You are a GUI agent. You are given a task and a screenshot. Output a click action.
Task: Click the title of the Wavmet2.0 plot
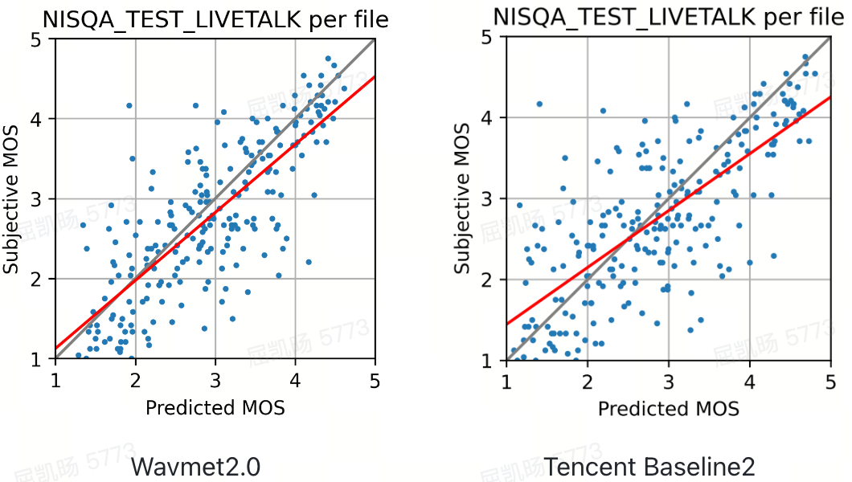[215, 20]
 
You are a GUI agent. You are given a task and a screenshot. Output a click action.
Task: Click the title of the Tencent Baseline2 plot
[668, 16]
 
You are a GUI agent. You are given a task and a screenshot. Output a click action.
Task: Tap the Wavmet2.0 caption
[195, 466]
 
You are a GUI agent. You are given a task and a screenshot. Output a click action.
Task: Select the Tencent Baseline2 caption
[649, 466]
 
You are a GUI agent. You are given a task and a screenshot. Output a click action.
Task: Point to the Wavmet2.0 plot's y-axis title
[12, 198]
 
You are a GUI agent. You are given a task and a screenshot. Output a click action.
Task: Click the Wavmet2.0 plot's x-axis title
[215, 407]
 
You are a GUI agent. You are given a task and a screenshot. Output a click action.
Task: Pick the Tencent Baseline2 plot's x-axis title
[668, 408]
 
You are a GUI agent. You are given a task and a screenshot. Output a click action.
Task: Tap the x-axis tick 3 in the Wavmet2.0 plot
[215, 378]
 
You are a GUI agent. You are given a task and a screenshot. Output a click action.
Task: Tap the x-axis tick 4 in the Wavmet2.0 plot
[295, 378]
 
